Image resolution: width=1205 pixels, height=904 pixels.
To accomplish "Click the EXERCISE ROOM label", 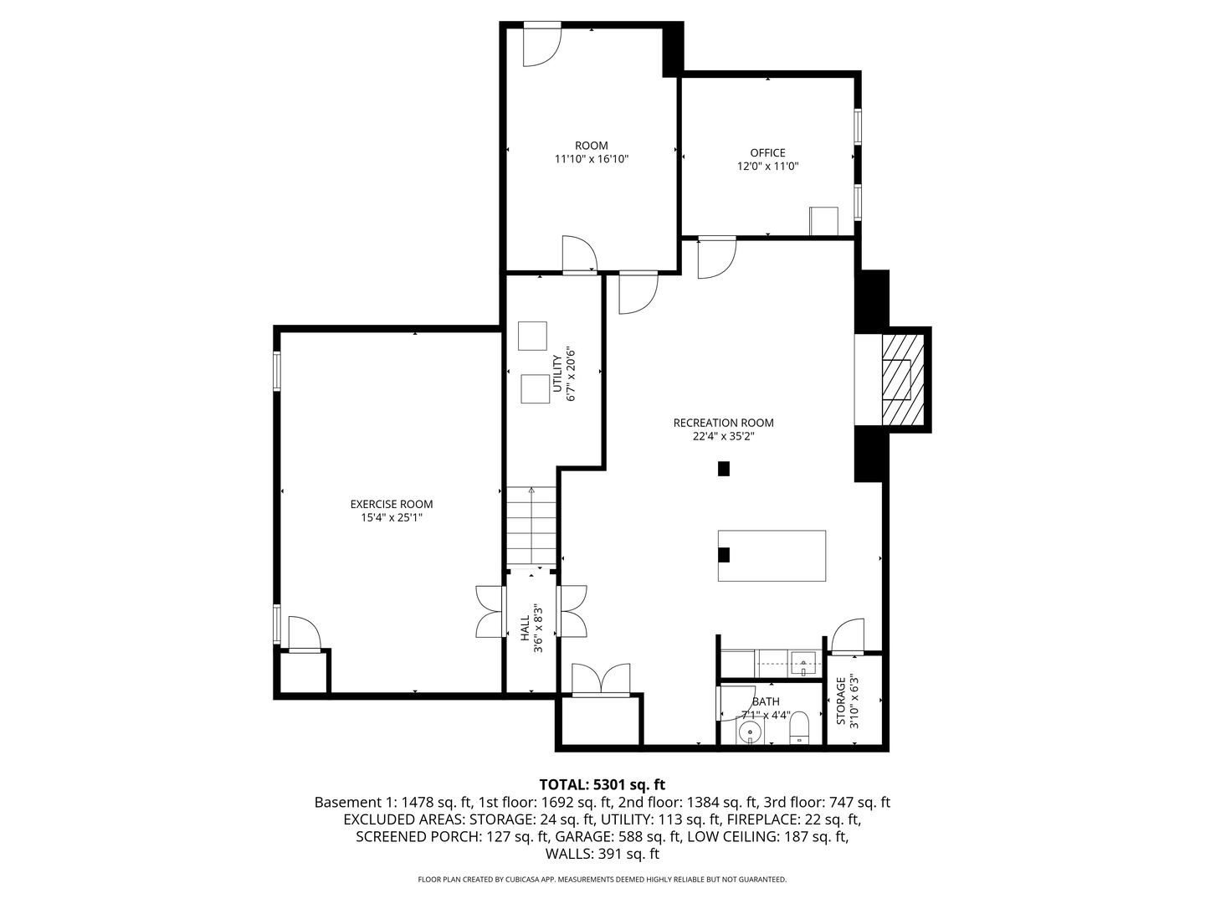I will [391, 504].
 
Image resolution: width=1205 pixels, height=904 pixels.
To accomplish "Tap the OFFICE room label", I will [767, 152].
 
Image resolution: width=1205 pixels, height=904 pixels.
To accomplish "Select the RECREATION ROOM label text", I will [723, 423].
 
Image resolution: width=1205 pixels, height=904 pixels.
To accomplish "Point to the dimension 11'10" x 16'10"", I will [591, 159].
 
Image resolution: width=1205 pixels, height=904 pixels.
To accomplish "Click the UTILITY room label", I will [557, 373].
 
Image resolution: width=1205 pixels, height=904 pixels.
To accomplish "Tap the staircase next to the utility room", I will [531, 526].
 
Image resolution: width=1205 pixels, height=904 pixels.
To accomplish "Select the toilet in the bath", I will [800, 728].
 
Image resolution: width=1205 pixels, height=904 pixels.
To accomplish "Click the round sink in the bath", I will [751, 733].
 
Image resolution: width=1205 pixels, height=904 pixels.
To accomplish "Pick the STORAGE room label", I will [842, 701].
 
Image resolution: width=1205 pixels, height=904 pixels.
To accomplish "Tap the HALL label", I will [525, 629].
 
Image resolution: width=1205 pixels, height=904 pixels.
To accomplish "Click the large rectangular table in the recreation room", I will [772, 555].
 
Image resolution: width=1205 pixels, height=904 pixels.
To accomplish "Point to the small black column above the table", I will [724, 469].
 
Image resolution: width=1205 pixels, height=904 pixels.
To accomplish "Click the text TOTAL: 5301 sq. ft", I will [602, 784].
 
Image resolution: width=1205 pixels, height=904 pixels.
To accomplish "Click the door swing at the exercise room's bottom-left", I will [303, 634].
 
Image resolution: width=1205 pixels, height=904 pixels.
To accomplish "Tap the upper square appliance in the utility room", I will [531, 336].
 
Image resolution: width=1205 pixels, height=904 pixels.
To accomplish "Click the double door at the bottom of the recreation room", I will [600, 680].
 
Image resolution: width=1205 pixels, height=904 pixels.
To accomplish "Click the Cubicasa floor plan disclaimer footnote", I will [602, 880].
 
